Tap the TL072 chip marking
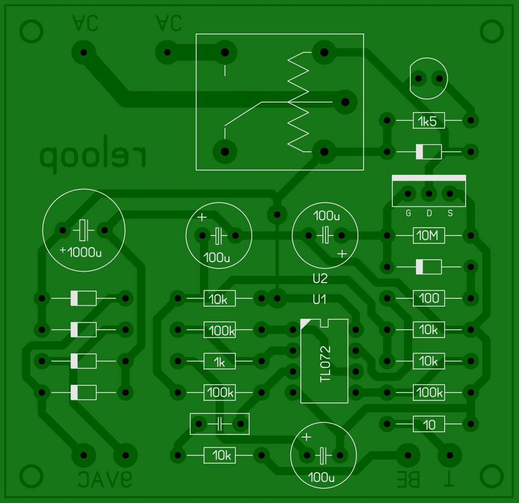tap(325, 364)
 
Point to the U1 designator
tap(320, 299)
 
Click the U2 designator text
tap(320, 279)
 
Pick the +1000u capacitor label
tap(81, 252)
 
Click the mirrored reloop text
tap(93, 157)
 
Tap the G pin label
tap(408, 214)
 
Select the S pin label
tap(450, 214)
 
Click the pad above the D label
tap(429, 194)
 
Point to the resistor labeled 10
tap(429, 424)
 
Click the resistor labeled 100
tap(429, 298)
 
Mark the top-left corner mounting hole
tap(31, 31)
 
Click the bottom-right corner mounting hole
tap(491, 475)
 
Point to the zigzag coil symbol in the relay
tap(298, 102)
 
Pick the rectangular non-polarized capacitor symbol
tap(219, 424)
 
